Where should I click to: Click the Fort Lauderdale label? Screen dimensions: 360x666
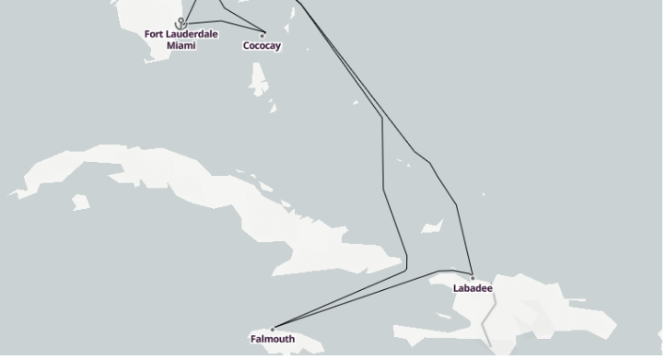[x=181, y=34]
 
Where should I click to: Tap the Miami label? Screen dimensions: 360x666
[x=181, y=45]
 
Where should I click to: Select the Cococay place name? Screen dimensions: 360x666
[x=263, y=46]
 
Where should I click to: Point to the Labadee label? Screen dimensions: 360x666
[x=473, y=288]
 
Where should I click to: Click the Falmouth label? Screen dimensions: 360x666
[x=273, y=339]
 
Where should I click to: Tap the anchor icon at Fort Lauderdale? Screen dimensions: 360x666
[x=181, y=23]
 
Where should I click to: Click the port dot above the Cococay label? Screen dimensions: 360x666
[x=263, y=36]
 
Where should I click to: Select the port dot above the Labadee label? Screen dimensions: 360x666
[x=473, y=278]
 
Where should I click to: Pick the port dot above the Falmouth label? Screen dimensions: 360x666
[x=273, y=329]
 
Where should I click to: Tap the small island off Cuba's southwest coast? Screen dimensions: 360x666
[x=81, y=201]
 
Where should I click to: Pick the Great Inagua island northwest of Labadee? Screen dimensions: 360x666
[x=431, y=226]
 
